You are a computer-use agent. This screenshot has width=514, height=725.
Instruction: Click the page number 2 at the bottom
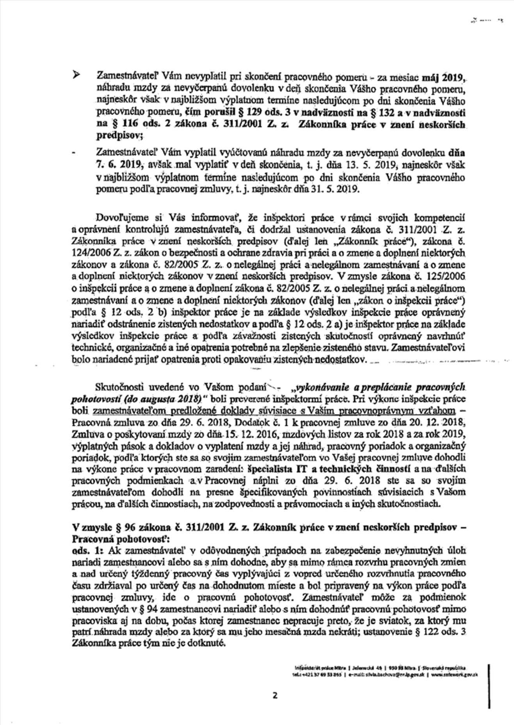pos(275,695)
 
